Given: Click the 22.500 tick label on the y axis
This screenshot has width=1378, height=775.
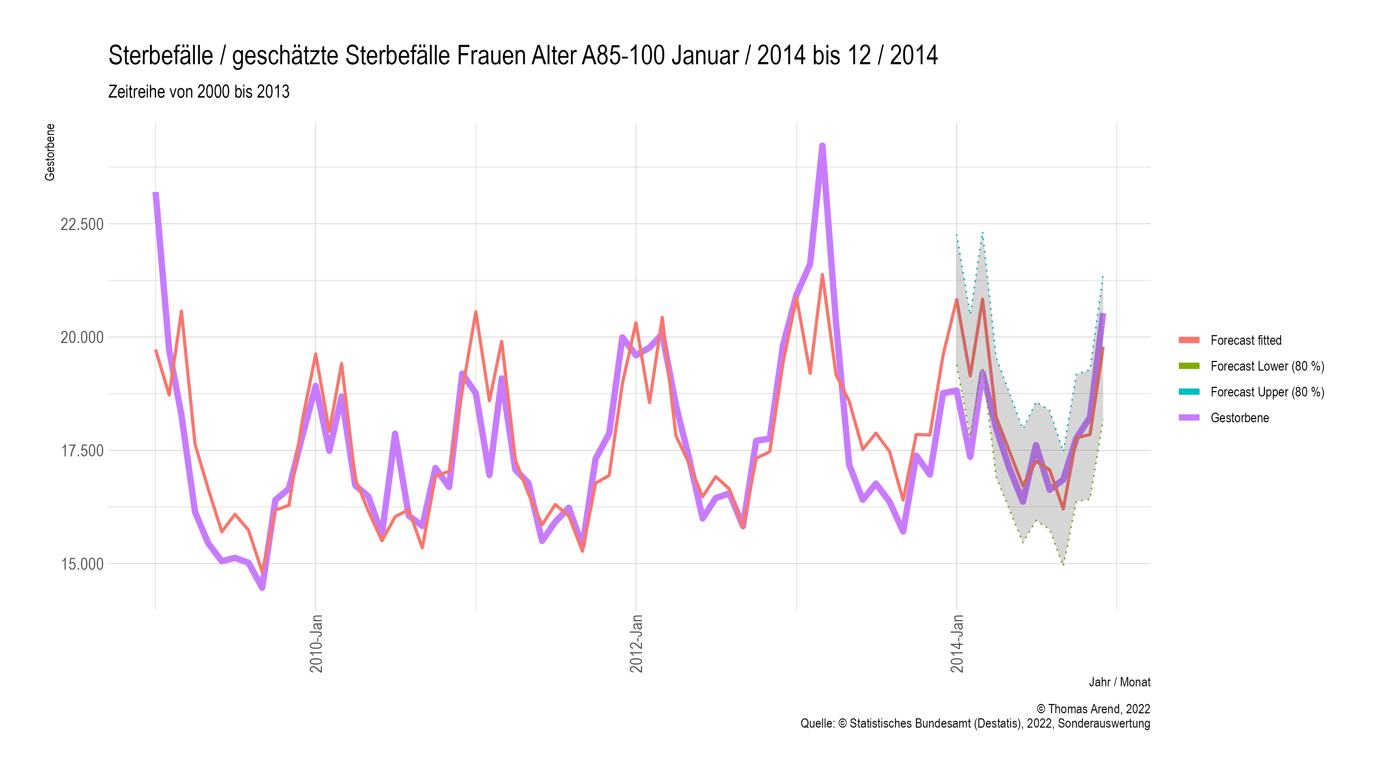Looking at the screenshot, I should pyautogui.click(x=81, y=224).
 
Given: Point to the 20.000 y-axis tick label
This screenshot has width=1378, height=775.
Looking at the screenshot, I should pyautogui.click(x=81, y=338).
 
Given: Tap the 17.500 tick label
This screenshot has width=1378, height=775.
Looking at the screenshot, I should pyautogui.click(x=81, y=451).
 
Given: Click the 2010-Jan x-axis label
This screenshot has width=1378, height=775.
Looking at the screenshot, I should pyautogui.click(x=316, y=643).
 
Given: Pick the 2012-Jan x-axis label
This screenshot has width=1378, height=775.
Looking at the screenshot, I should pyautogui.click(x=636, y=643).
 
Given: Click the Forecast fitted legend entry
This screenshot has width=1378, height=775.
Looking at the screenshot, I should pyautogui.click(x=1246, y=340).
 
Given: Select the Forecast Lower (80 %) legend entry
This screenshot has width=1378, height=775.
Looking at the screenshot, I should pyautogui.click(x=1267, y=366).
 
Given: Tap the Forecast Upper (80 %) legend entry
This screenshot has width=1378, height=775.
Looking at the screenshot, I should pyautogui.click(x=1267, y=392).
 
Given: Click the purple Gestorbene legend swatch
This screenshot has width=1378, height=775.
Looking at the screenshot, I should pyautogui.click(x=1189, y=418).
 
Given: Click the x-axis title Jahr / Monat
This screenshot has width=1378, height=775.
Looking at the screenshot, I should pyautogui.click(x=1119, y=682).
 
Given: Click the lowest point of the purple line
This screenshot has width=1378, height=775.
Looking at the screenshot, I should pyautogui.click(x=262, y=588).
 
